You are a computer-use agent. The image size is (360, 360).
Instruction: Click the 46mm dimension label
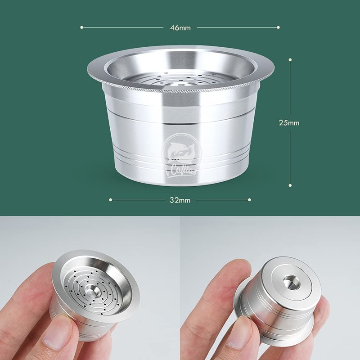(180, 28)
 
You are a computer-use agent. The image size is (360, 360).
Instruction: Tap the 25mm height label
(289, 122)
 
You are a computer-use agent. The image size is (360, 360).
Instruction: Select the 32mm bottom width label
(180, 200)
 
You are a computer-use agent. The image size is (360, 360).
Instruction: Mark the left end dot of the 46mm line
(82, 27)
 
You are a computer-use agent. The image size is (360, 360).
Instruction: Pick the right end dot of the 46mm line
(279, 27)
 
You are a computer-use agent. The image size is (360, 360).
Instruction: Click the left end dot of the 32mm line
(110, 199)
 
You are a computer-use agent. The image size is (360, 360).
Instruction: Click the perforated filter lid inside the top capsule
(180, 81)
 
